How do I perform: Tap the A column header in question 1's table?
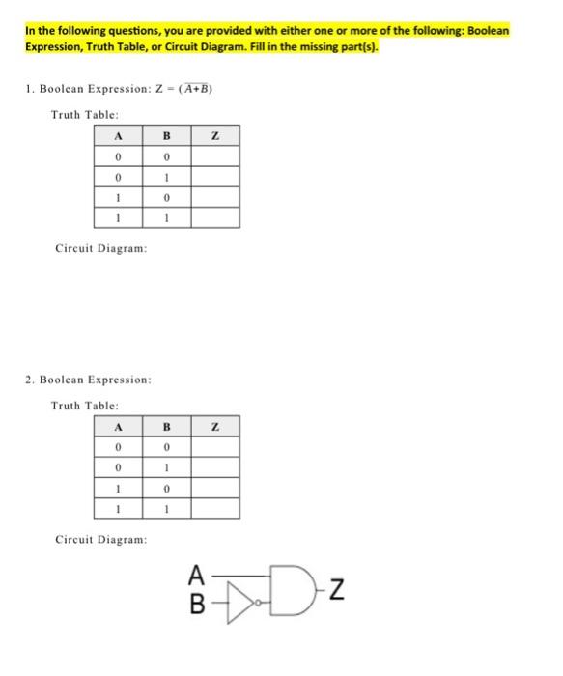[x=117, y=139]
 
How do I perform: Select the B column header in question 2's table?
[x=165, y=428]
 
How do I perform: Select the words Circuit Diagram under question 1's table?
[x=100, y=249]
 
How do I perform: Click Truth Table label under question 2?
[x=84, y=406]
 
